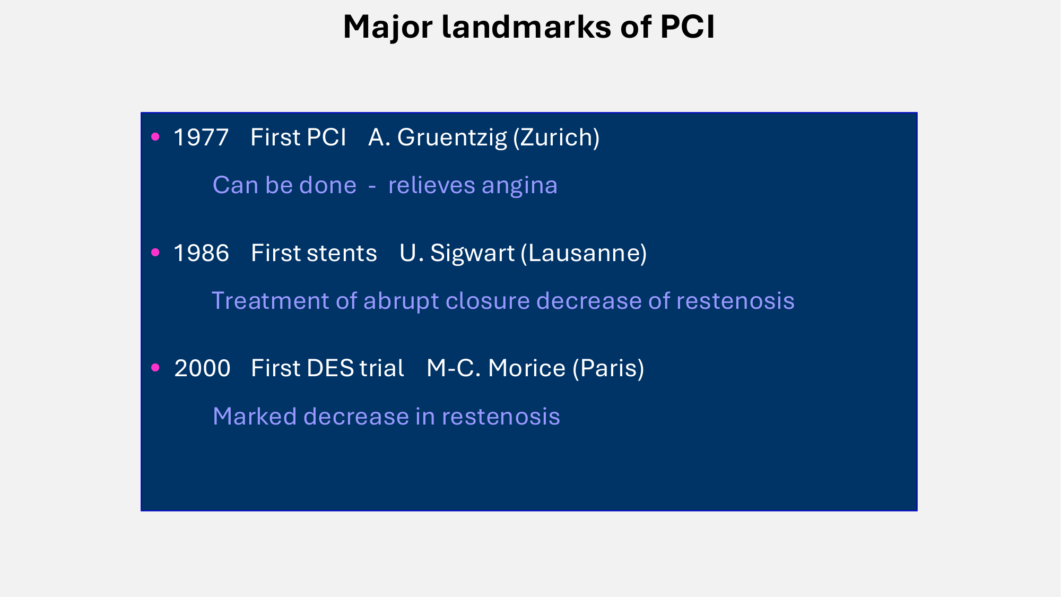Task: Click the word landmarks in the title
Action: (x=526, y=27)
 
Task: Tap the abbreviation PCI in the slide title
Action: (x=688, y=27)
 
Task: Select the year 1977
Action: (x=201, y=137)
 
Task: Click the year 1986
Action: (x=202, y=253)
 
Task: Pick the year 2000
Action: (x=202, y=368)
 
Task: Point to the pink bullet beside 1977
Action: (x=155, y=137)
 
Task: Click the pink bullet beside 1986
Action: (x=155, y=253)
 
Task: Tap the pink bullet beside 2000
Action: (x=155, y=367)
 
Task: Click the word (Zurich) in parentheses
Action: (x=556, y=137)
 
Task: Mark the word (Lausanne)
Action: (x=584, y=253)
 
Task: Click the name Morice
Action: (x=526, y=368)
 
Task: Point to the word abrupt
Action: (x=404, y=301)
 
